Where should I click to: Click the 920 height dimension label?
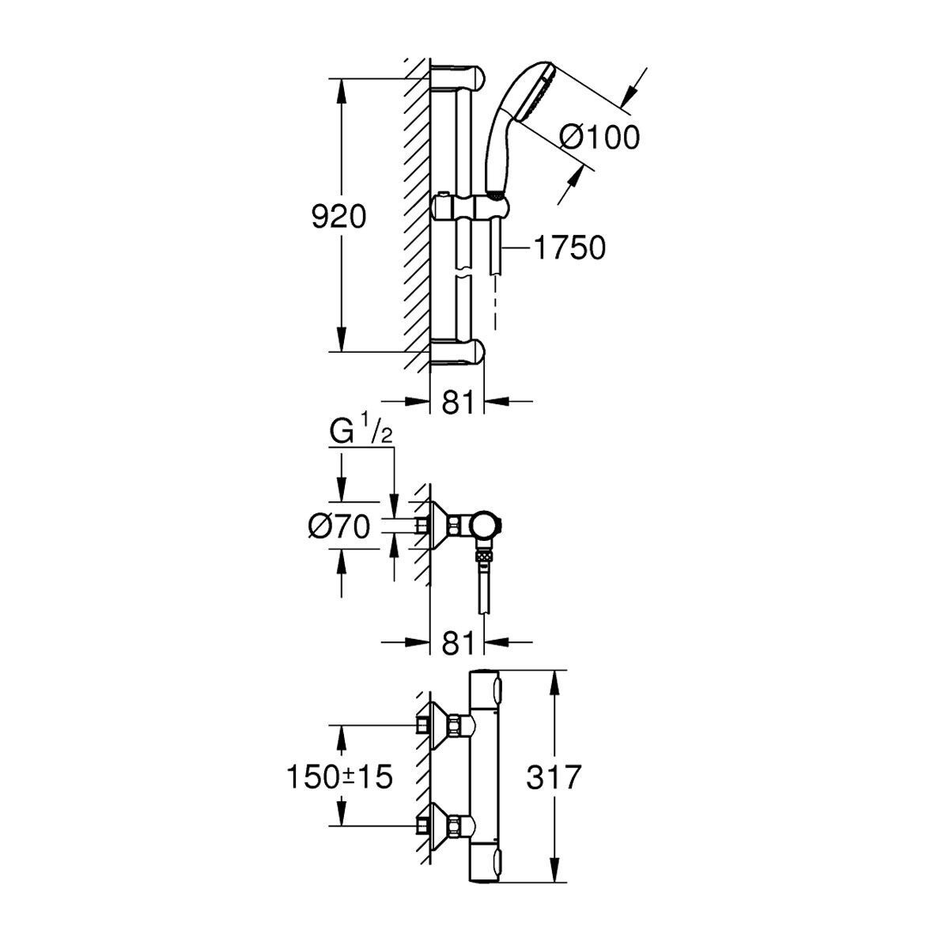[338, 217]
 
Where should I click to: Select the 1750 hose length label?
[569, 248]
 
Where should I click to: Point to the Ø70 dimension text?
[338, 527]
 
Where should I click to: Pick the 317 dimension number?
[554, 777]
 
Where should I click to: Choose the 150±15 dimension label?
[340, 777]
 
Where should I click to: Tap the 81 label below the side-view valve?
[458, 642]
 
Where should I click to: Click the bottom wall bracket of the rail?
[458, 351]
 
